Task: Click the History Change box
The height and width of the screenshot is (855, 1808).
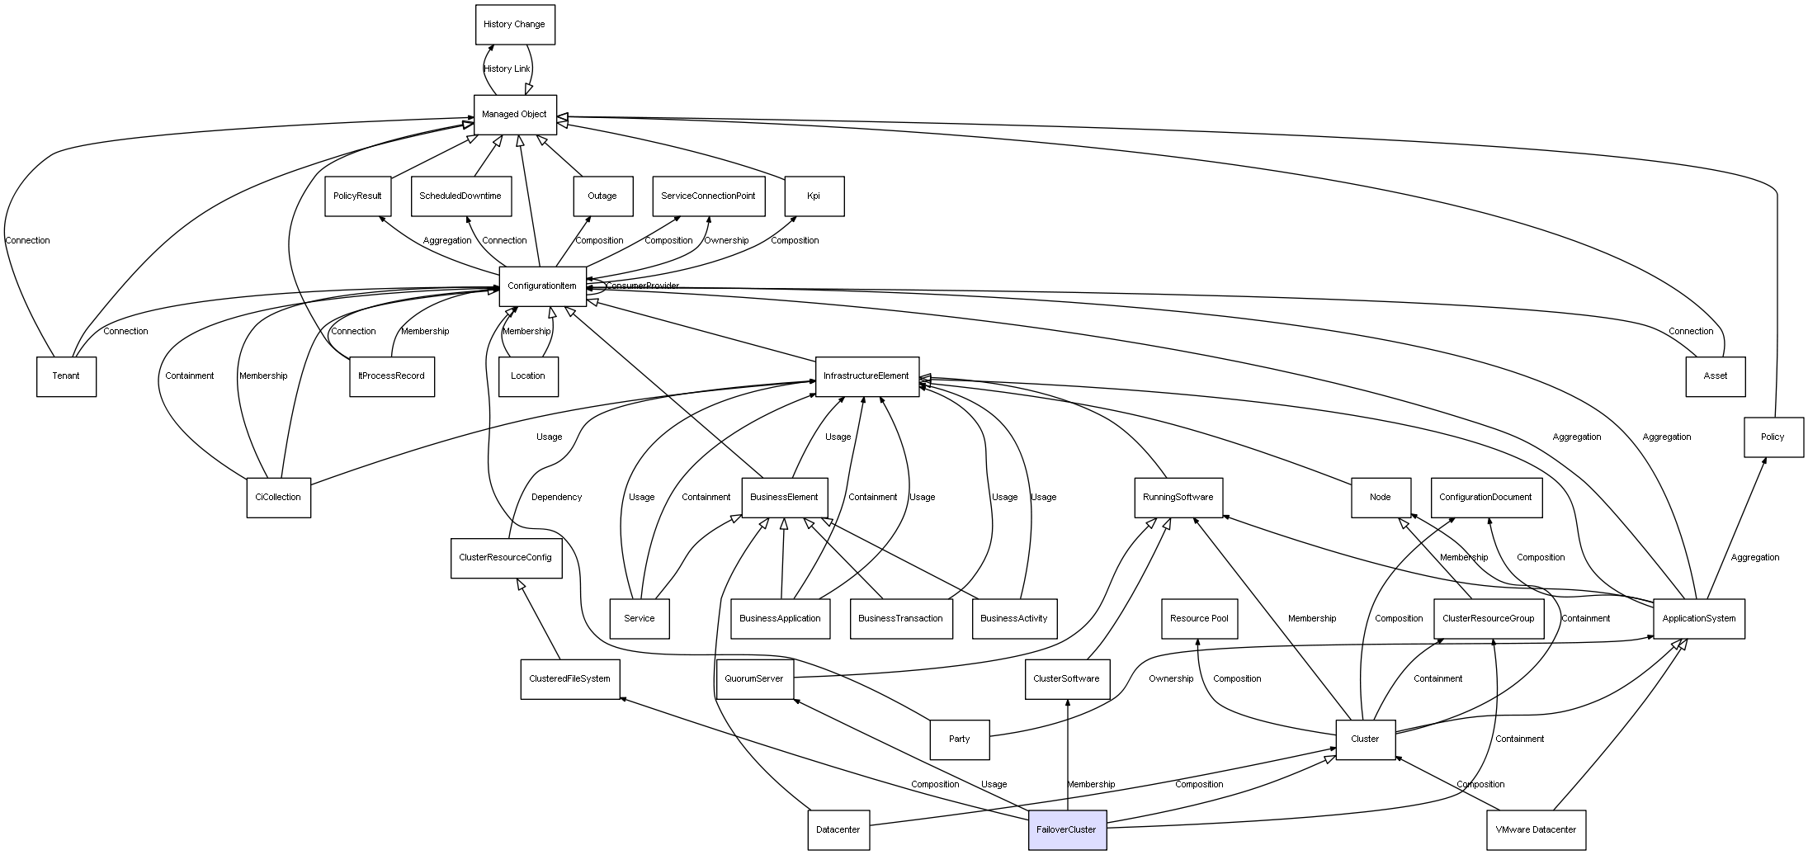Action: coord(515,25)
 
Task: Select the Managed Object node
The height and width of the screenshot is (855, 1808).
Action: coord(515,115)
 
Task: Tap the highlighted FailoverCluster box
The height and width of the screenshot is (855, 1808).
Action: coord(1067,830)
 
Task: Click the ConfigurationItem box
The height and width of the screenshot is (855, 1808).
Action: coord(542,286)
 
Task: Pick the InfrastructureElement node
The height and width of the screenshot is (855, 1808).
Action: coord(866,376)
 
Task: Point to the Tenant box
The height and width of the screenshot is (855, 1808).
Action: coord(66,376)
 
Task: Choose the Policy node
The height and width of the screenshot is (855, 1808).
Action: coord(1773,437)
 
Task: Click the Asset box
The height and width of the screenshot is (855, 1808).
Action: coord(1715,376)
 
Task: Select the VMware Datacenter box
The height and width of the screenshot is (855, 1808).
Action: coord(1536,830)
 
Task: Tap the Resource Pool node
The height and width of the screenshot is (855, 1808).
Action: coord(1199,619)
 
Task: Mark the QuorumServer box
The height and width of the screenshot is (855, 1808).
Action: coord(754,679)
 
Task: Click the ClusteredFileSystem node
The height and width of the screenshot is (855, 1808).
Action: coord(569,679)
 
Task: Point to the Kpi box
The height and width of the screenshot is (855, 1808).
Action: coord(814,196)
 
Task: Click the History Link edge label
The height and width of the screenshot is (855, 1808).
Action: coord(507,69)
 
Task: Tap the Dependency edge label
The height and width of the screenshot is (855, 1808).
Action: coord(556,498)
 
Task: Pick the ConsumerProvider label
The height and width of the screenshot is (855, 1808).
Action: coord(643,286)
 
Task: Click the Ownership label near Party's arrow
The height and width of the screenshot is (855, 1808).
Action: coord(1171,679)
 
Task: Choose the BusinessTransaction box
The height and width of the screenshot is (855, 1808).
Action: coord(900,619)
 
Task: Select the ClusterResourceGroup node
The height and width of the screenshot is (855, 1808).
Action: coord(1489,619)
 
